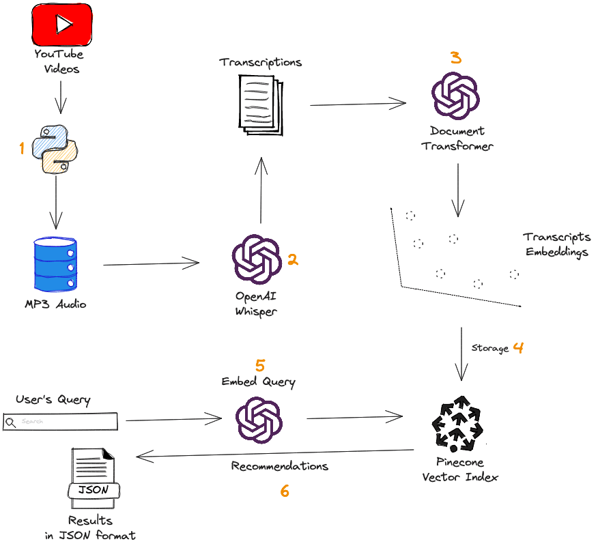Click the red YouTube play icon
(x=61, y=25)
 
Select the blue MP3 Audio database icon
(x=57, y=264)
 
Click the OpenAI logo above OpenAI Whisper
(x=256, y=259)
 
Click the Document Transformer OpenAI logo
(x=455, y=96)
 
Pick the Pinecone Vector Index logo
(x=457, y=424)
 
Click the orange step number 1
(x=22, y=148)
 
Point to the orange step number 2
(x=293, y=259)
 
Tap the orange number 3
(x=455, y=58)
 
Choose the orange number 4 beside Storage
(x=518, y=347)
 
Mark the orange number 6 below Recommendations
(x=285, y=491)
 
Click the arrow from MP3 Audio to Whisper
(x=150, y=263)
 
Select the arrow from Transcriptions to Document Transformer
(x=358, y=103)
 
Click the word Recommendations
(x=279, y=466)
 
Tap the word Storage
(x=490, y=349)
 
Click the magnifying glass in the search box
(x=10, y=422)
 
